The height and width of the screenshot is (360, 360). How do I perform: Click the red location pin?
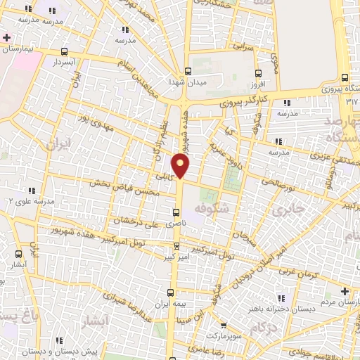point(181,166)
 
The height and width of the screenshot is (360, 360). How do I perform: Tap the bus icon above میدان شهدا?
point(187,71)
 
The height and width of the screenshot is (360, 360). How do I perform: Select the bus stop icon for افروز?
point(258,72)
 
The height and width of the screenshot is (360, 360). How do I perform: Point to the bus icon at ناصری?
point(176,212)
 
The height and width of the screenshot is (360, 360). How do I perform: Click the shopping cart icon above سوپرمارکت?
point(223,326)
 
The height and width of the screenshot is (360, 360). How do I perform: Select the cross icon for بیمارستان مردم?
point(344,291)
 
